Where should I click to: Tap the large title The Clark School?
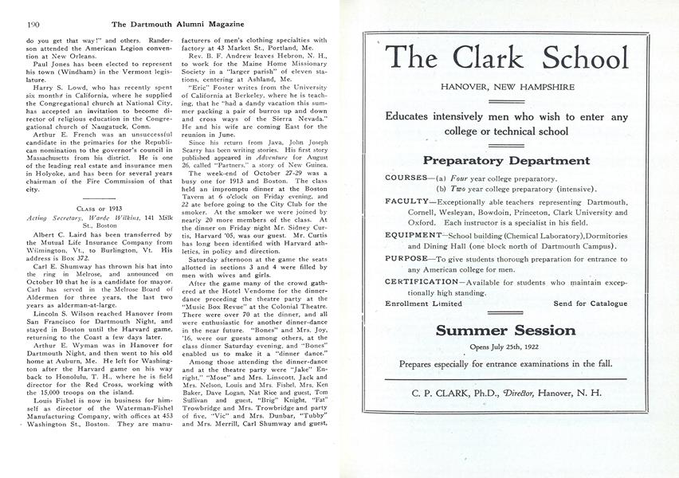506,58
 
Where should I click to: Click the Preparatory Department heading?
506,160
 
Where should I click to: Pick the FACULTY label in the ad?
407,202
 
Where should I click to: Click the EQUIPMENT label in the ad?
413,236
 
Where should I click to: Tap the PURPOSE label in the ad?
408,259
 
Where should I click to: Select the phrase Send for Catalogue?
591,304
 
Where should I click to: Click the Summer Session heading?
506,330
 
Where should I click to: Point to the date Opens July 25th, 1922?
506,347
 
